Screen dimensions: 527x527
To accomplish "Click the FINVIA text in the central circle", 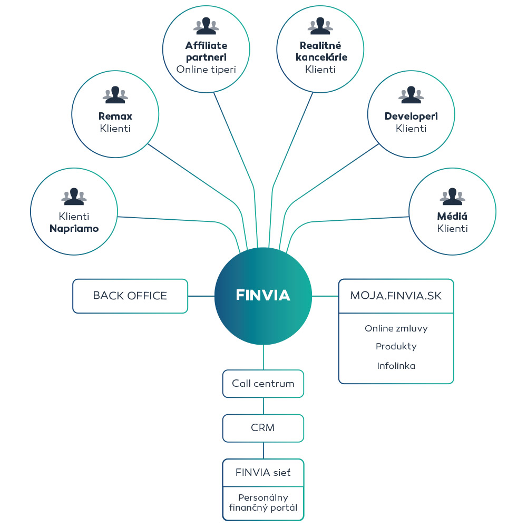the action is click(x=263, y=295).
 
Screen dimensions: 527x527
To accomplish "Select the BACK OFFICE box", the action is click(x=130, y=296).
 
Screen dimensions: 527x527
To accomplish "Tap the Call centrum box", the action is click(x=263, y=384).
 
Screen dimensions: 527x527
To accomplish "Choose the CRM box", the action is click(x=263, y=428).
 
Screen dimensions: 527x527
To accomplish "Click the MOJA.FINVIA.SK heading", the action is click(x=396, y=296).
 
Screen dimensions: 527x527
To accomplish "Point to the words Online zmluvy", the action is click(x=396, y=328).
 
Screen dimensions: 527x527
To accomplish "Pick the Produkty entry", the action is click(x=396, y=346).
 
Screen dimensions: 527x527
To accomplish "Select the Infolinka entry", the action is click(x=396, y=366).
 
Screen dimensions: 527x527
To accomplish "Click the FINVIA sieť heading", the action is click(x=263, y=473).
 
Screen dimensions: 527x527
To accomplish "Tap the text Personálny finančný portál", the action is click(x=263, y=502).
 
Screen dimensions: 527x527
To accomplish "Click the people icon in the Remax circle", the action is click(x=115, y=94).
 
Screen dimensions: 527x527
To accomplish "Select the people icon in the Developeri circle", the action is click(x=411, y=94).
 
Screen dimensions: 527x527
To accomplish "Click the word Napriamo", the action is click(x=74, y=229).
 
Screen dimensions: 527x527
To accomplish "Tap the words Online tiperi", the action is click(x=206, y=70).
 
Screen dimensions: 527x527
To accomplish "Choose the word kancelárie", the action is click(x=321, y=57).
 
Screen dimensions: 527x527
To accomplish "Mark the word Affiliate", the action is click(x=206, y=45).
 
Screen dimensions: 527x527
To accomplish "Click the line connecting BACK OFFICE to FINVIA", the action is click(x=201, y=296).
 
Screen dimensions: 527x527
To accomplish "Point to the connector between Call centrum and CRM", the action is click(x=263, y=406).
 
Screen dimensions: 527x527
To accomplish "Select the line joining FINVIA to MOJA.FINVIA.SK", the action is click(x=325, y=296).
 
